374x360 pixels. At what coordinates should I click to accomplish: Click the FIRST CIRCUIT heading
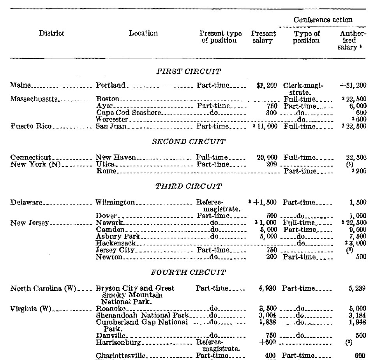(189, 71)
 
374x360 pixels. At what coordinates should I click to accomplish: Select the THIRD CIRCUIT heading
(189, 187)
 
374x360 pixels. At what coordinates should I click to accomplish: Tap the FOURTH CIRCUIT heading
(189, 272)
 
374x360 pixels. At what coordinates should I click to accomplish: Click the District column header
(51, 34)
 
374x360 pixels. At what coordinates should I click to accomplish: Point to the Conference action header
(323, 19)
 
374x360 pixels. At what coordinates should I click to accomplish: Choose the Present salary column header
(263, 37)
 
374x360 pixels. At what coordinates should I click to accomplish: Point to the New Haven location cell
(116, 157)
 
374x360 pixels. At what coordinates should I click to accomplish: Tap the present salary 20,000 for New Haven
(267, 157)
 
